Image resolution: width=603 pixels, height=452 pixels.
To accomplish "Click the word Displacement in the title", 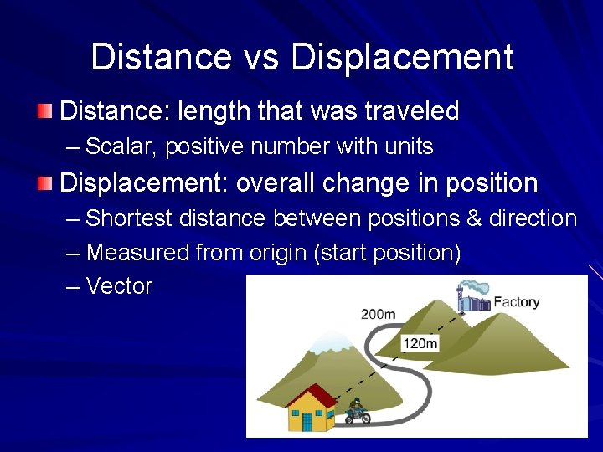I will pyautogui.click(x=402, y=57).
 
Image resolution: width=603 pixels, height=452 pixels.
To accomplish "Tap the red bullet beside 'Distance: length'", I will pyautogui.click(x=45, y=110).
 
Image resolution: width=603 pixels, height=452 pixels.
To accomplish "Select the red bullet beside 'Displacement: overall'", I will pyautogui.click(x=45, y=182).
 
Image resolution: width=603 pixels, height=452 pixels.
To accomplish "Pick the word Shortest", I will pyautogui.click(x=127, y=219).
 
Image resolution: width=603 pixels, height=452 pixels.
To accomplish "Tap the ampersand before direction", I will pyautogui.click(x=473, y=219).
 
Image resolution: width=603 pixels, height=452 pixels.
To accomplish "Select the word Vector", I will pyautogui.click(x=119, y=286).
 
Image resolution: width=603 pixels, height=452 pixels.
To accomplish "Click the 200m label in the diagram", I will pyautogui.click(x=378, y=314).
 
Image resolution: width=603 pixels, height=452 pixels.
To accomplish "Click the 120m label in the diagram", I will pyautogui.click(x=420, y=343).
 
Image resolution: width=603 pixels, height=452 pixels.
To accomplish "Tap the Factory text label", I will pyautogui.click(x=516, y=302).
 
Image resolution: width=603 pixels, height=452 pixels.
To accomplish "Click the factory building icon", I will pyautogui.click(x=473, y=300).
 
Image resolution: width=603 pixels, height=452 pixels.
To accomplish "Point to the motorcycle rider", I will pyautogui.click(x=357, y=411).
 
